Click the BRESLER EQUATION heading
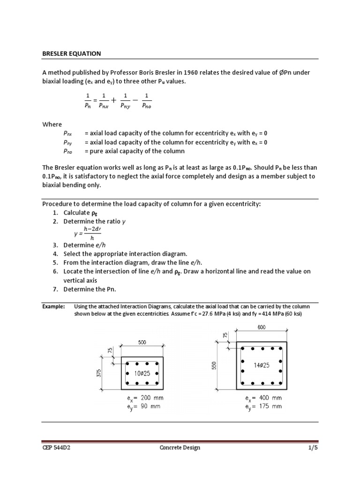pyautogui.click(x=71, y=53)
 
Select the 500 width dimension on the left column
pyautogui.click(x=142, y=342)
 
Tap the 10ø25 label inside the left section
pyautogui.click(x=142, y=373)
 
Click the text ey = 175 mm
pyautogui.click(x=263, y=406)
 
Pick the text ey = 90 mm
pyautogui.click(x=139, y=406)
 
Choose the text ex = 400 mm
pyautogui.click(x=263, y=398)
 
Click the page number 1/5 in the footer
pyautogui.click(x=313, y=448)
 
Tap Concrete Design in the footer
pyautogui.click(x=180, y=448)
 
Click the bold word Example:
pyautogui.click(x=53, y=306)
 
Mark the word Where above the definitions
pyautogui.click(x=52, y=124)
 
